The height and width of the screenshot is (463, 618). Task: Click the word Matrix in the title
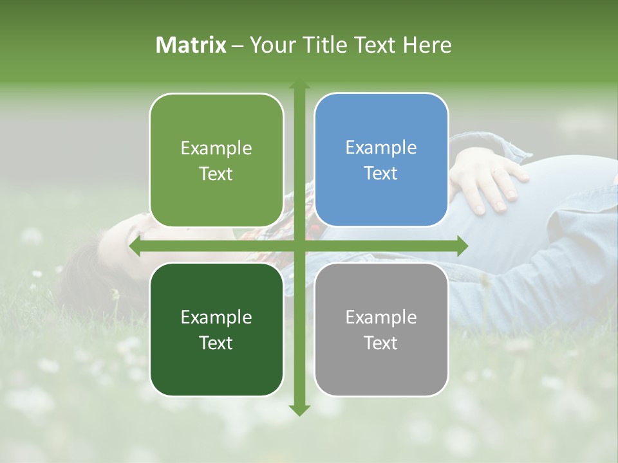[191, 45]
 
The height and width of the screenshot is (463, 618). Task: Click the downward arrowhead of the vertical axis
[299, 410]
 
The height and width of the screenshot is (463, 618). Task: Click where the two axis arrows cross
[299, 246]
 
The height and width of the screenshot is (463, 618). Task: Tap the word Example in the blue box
[381, 148]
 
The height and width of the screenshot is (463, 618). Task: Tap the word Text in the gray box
[381, 343]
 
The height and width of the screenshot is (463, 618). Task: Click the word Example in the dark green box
[216, 318]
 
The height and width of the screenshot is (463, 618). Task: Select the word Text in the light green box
[216, 174]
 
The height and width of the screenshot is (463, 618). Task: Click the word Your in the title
[271, 45]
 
